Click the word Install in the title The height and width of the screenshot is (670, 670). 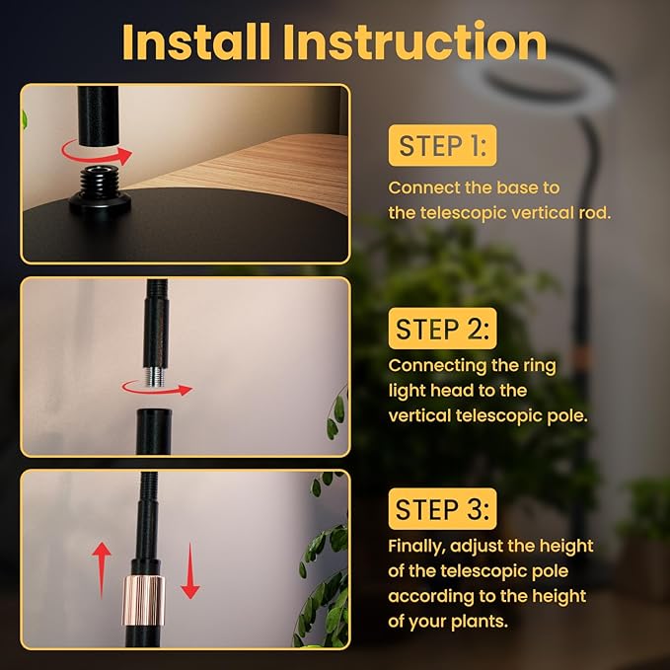click(x=196, y=41)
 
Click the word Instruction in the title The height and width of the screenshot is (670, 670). click(x=414, y=41)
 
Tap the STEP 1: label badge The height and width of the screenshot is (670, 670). click(x=442, y=146)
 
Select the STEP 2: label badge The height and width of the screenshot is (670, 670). click(x=442, y=329)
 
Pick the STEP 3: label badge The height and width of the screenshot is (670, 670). click(x=442, y=509)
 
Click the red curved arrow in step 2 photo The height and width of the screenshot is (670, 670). click(x=157, y=389)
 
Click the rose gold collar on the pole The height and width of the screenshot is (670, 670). click(x=144, y=600)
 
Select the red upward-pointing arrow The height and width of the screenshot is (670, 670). click(x=102, y=569)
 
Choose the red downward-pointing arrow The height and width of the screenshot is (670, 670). click(x=190, y=571)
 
